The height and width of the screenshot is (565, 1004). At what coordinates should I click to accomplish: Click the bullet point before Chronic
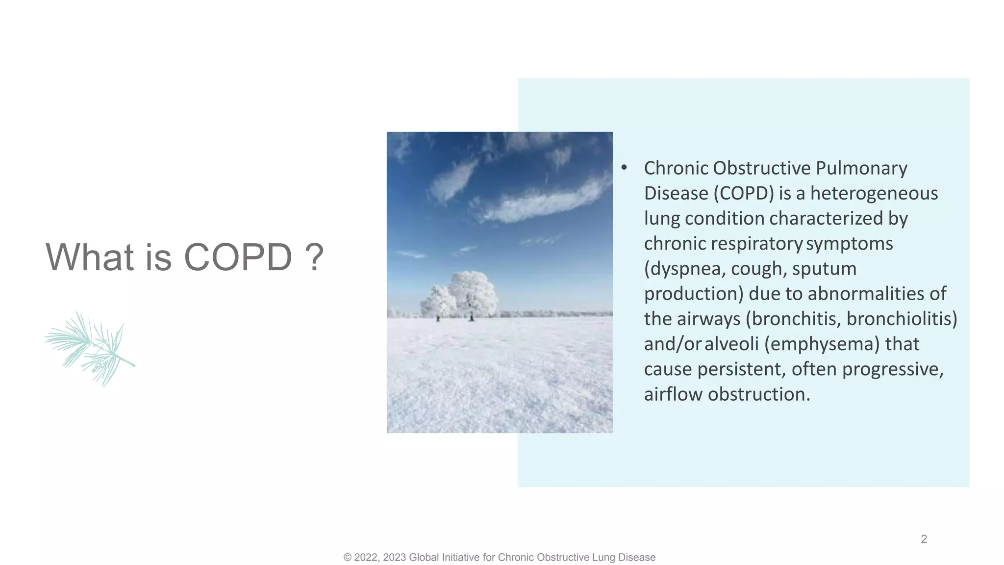click(624, 168)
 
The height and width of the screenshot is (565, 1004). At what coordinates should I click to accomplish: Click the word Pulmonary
click(861, 168)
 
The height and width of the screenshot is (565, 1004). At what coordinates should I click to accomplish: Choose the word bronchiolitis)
click(902, 319)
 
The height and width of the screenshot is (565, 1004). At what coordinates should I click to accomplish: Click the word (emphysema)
click(822, 344)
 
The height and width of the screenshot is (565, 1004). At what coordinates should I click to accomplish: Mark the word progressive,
click(892, 369)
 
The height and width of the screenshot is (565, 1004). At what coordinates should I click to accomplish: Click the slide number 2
click(924, 539)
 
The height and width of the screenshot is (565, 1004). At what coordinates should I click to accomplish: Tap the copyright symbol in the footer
click(348, 558)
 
